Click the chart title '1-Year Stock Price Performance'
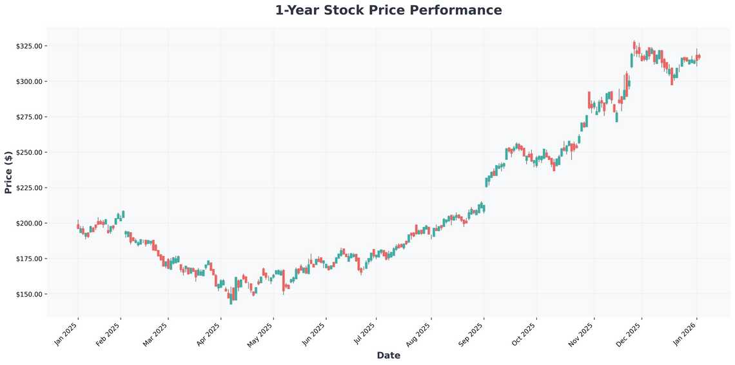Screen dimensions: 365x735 pos(388,10)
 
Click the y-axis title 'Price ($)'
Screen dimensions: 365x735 pos(8,172)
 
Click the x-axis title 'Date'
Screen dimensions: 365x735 pos(388,355)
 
